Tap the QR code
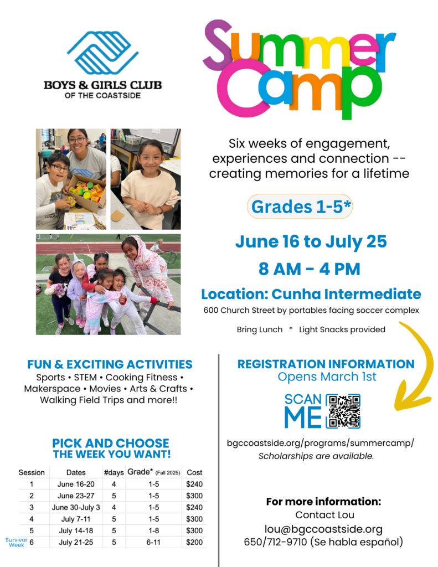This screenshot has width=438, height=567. coord(343,411)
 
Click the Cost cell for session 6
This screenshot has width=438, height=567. coord(194,542)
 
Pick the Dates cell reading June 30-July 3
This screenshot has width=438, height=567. coord(76,507)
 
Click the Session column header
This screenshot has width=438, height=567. coord(32,472)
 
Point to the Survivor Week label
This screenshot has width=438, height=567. coord(16,542)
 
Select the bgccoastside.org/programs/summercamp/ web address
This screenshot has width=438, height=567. coord(320,444)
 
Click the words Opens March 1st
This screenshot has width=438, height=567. coord(327,377)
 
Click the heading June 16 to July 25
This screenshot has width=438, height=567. coord(311,242)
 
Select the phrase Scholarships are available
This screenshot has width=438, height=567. coord(316,456)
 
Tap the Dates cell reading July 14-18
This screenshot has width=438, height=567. coord(76,530)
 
